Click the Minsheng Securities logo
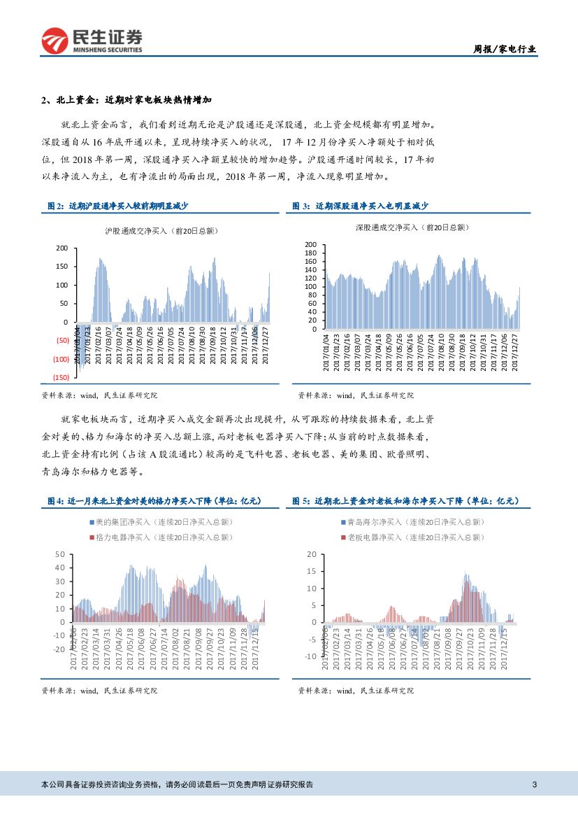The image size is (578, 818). coord(92,41)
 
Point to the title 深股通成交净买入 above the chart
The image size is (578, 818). coord(412,227)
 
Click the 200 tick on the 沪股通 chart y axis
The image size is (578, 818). coord(62,248)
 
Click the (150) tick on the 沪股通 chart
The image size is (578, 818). coord(61,377)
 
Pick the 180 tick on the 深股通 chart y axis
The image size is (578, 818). coord(311,253)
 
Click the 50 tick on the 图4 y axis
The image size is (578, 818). coord(59,554)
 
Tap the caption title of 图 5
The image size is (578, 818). coord(407,501)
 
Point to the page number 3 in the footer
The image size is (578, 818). coord(534,784)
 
